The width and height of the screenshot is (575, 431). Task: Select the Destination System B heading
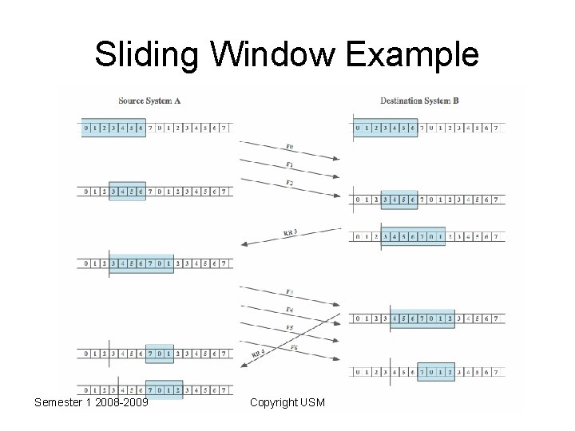pos(419,101)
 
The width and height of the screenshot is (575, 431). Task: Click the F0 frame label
pos(289,148)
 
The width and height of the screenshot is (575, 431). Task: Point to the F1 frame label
pos(289,165)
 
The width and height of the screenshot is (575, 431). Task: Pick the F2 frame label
pos(289,184)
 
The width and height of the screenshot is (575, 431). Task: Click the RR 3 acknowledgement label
pos(290,232)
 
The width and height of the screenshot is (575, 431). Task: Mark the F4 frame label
pos(289,309)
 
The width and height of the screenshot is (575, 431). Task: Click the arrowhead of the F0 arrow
pos(339,160)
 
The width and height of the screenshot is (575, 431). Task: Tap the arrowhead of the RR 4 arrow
pos(242,366)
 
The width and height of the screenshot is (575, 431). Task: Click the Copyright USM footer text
pos(287,402)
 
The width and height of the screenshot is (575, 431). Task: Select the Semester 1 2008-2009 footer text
pos(91,402)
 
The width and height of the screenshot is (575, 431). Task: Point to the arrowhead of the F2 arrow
pos(339,196)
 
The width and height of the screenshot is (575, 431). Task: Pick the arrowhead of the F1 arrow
pos(339,178)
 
